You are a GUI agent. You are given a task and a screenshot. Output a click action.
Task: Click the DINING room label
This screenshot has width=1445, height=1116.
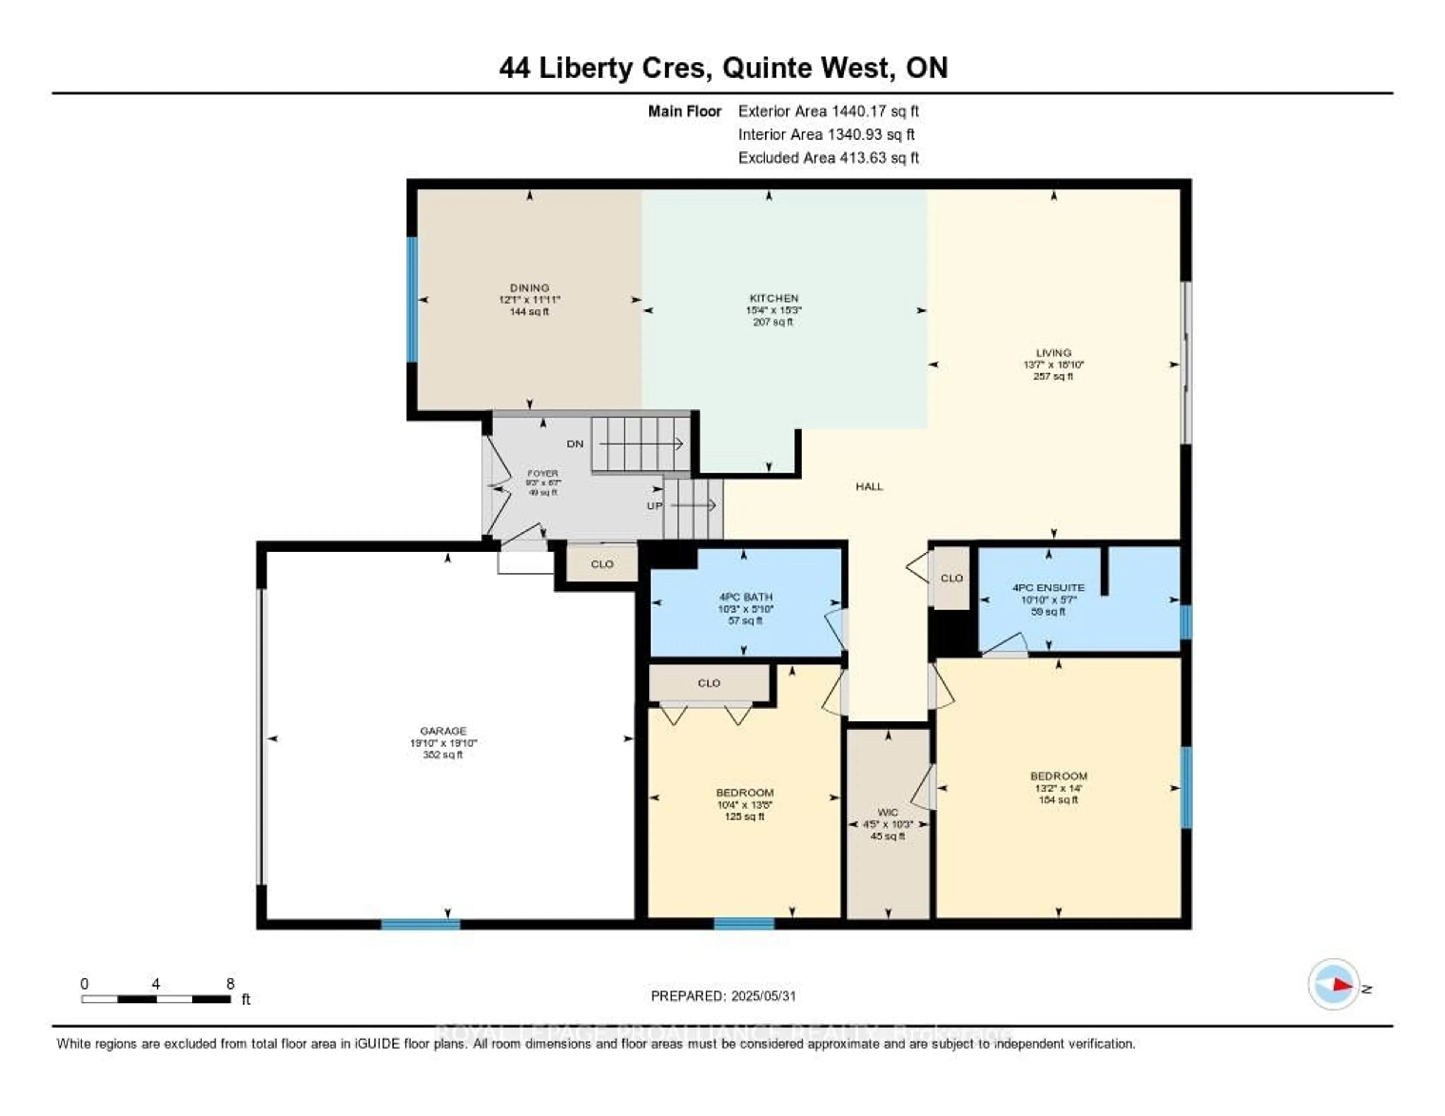pos(529,288)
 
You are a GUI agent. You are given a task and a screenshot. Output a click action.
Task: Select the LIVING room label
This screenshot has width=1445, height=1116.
pos(1053,353)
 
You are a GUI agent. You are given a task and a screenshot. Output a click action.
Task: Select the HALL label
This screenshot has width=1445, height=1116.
pos(869,486)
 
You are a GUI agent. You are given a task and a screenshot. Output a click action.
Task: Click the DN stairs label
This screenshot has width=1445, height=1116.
pos(575,444)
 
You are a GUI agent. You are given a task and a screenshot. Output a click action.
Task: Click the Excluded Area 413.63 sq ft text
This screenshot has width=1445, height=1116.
pos(828,157)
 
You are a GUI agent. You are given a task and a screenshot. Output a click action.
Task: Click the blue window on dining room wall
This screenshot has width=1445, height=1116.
pos(412,300)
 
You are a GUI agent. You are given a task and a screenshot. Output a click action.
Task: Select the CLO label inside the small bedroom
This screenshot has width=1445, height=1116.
pos(709,683)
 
